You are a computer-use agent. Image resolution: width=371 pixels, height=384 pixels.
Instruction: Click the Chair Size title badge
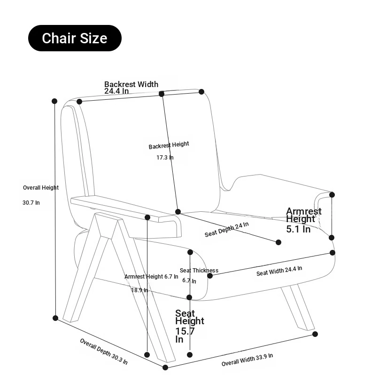tap(75, 38)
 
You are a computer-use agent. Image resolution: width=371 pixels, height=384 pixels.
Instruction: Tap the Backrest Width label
tap(131, 84)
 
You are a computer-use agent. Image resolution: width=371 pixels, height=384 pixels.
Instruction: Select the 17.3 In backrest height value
tap(165, 158)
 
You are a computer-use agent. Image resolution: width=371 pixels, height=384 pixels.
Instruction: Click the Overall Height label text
tap(41, 188)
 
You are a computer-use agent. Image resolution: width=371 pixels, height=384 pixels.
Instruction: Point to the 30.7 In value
tap(31, 203)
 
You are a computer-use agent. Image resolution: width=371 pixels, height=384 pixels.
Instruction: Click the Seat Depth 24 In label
tap(226, 230)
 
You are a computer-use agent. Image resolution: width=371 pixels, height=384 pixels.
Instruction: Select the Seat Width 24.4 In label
tap(279, 271)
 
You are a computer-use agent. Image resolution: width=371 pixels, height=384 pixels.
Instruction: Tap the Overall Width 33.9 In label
tap(247, 360)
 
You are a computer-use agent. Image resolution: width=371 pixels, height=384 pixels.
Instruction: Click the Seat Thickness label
tap(199, 271)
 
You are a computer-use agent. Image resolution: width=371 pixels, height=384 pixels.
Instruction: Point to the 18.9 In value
tap(139, 290)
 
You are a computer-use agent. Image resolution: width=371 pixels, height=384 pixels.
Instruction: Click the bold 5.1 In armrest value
tap(298, 229)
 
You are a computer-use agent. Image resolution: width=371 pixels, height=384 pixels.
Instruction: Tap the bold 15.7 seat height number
tap(185, 331)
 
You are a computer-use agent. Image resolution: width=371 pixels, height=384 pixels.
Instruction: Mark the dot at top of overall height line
tap(54, 101)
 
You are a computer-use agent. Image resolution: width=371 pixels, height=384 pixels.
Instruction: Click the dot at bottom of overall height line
tap(55, 318)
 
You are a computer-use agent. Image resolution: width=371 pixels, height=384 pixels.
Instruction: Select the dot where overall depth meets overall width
tap(165, 368)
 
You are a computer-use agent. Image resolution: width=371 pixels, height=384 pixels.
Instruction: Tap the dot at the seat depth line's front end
tap(278, 242)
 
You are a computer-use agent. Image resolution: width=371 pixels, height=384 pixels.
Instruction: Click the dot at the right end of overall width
tap(315, 334)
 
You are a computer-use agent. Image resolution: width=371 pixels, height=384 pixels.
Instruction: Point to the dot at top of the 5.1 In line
tap(332, 194)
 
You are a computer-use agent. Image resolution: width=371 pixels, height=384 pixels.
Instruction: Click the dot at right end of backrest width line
tap(201, 91)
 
